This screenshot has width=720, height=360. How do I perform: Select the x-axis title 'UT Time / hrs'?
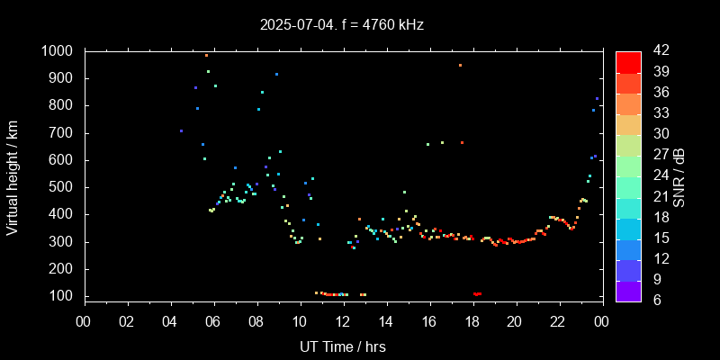(x=343, y=346)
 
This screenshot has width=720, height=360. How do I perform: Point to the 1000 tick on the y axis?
(x=61, y=51)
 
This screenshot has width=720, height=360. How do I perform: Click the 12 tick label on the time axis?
(x=343, y=322)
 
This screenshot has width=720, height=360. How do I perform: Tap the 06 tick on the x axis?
(x=213, y=322)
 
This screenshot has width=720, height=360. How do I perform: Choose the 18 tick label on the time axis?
(x=472, y=322)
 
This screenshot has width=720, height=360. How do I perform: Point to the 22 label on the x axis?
(x=559, y=322)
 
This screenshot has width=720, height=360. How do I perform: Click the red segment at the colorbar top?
(x=628, y=61)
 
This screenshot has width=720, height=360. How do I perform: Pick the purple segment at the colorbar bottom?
(x=628, y=290)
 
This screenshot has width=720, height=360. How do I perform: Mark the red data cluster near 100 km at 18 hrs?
(x=477, y=294)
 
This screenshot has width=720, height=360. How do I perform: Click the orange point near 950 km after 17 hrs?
(x=460, y=65)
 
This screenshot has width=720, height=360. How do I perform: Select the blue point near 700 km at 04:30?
(x=181, y=130)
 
